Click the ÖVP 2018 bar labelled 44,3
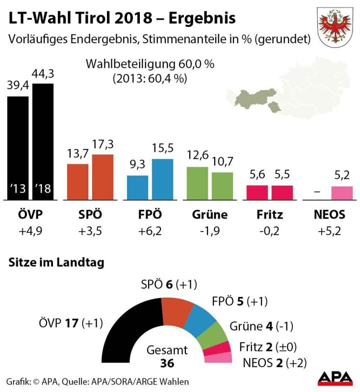(43, 142)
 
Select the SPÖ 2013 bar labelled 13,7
(77, 182)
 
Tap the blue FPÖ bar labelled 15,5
(163, 179)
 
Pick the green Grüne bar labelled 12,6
(197, 183)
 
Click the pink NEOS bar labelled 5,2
(342, 193)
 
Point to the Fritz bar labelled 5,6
(257, 193)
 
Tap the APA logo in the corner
(335, 377)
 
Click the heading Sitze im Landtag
(56, 263)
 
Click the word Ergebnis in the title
(202, 18)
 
